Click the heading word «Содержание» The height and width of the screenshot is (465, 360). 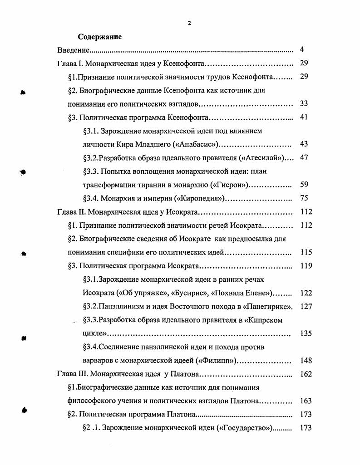pyautogui.click(x=99, y=36)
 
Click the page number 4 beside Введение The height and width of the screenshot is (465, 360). pyautogui.click(x=302, y=49)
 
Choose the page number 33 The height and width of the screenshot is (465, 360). pyautogui.click(x=304, y=104)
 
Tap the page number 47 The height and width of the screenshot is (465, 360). pyautogui.click(x=304, y=158)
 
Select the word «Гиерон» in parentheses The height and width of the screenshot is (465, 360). pyautogui.click(x=231, y=185)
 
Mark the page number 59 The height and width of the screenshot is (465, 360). pyautogui.click(x=304, y=185)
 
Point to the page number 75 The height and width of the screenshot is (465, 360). pyautogui.click(x=304, y=198)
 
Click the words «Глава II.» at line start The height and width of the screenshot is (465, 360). pyautogui.click(x=71, y=212)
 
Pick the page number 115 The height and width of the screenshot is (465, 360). pyautogui.click(x=306, y=252)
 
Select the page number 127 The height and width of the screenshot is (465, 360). pyautogui.click(x=306, y=307)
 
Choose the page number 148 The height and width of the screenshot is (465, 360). pyautogui.click(x=306, y=361)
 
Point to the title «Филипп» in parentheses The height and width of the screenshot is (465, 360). pyautogui.click(x=220, y=361)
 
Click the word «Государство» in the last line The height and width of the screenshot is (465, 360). pyautogui.click(x=245, y=428)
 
